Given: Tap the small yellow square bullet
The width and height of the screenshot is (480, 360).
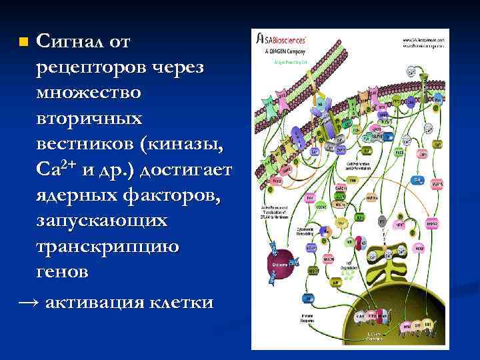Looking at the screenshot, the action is pos(24,43).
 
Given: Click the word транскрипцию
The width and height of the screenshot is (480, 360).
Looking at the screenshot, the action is pos(107,247).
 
